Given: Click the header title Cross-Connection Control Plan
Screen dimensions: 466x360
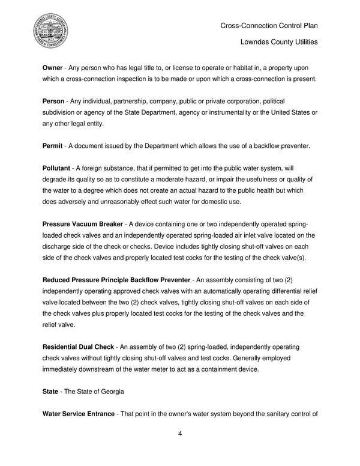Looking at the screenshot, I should point(268,25).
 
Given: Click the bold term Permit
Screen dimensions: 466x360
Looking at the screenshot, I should point(54,147).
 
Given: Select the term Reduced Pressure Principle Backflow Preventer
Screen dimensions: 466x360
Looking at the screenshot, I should point(116,281).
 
